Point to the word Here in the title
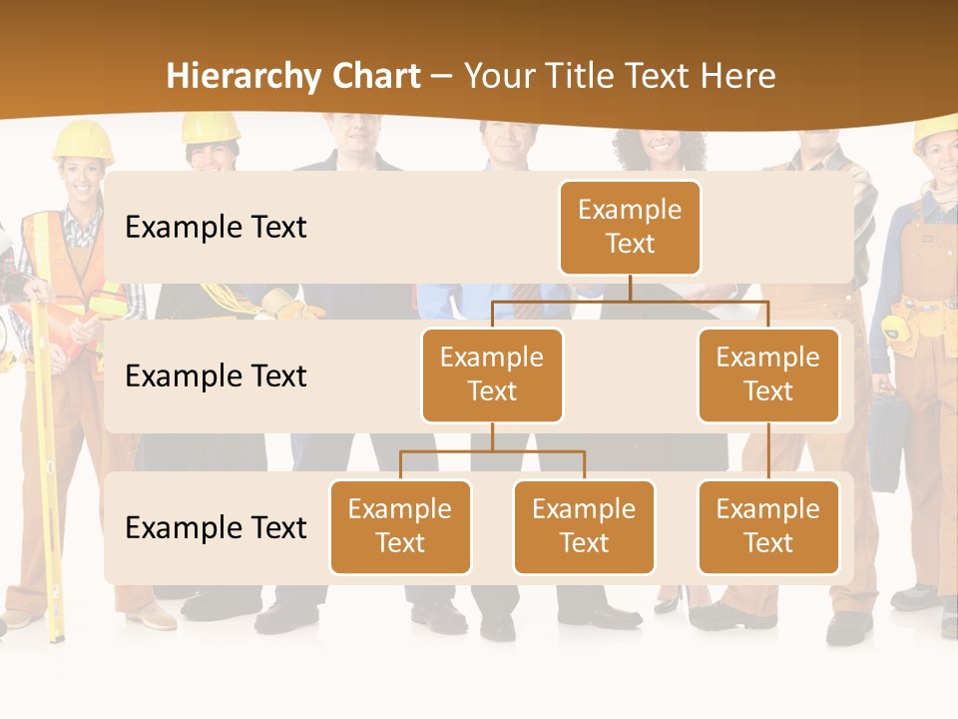(738, 77)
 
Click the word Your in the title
(500, 77)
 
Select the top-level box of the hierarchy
(630, 227)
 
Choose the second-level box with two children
(492, 374)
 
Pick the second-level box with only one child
(768, 374)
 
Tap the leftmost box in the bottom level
(400, 526)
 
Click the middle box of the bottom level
(584, 526)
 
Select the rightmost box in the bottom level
(768, 526)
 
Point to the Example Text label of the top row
(216, 227)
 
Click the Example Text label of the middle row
(216, 375)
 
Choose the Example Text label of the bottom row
(216, 527)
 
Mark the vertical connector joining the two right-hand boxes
(768, 451)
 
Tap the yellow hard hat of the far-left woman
(82, 140)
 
